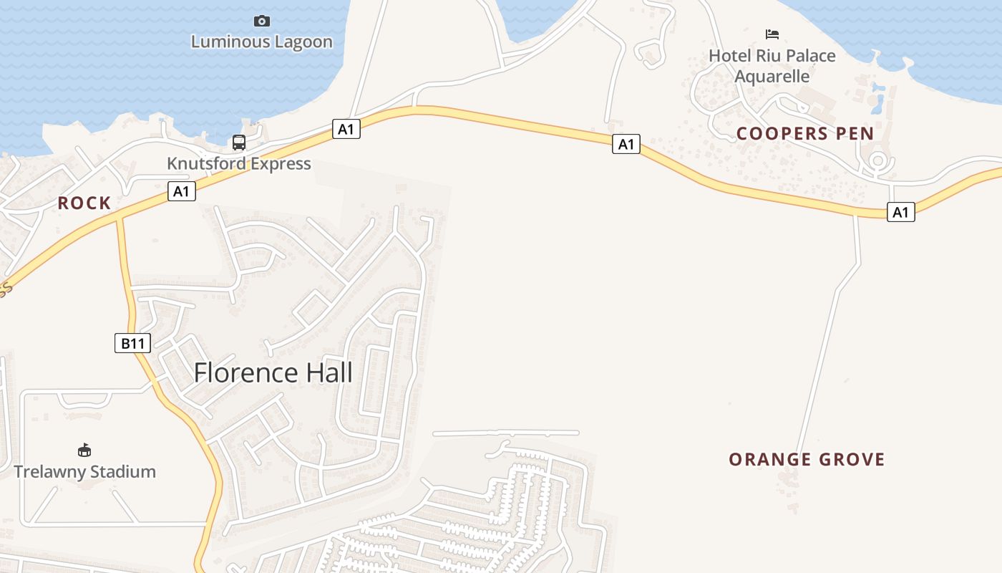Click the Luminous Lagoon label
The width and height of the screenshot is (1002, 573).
262,42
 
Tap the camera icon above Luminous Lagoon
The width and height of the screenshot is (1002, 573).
262,21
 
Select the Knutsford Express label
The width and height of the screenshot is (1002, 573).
239,163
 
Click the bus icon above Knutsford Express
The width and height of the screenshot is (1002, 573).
239,143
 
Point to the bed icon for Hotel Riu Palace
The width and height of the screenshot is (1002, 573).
772,34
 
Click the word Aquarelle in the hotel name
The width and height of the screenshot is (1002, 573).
772,76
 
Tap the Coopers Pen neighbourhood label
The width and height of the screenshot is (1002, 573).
805,133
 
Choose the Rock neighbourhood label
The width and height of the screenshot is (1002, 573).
84,203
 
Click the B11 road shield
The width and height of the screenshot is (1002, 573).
132,343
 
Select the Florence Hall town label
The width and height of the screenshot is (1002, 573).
273,372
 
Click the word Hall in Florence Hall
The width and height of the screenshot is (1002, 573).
329,372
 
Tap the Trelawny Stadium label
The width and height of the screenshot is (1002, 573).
85,471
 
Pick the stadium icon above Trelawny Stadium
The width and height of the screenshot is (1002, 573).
84,450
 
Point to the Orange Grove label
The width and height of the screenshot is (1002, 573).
807,459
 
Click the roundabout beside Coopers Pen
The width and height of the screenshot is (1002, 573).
877,162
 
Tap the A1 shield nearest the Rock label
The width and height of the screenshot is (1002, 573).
182,191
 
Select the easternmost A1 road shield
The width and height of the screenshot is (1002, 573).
900,212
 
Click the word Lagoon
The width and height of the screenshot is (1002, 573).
297,42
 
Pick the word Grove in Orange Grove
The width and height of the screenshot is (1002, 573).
851,459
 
